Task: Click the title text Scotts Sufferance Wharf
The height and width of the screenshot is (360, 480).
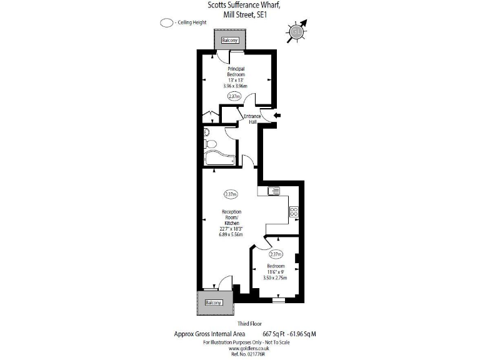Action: click(244, 6)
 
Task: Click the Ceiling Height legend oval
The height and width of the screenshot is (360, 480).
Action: click(166, 23)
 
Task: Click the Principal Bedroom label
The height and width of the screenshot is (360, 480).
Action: click(236, 72)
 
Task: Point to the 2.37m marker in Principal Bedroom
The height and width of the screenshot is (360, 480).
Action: click(234, 96)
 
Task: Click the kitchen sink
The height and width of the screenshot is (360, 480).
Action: click(273, 191)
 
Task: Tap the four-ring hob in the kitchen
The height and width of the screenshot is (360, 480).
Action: click(294, 212)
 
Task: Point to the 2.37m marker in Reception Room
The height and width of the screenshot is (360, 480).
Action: click(231, 194)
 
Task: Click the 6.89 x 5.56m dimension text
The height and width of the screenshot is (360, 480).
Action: click(231, 234)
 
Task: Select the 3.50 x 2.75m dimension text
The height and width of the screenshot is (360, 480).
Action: click(275, 277)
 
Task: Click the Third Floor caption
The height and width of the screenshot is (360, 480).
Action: click(241, 324)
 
